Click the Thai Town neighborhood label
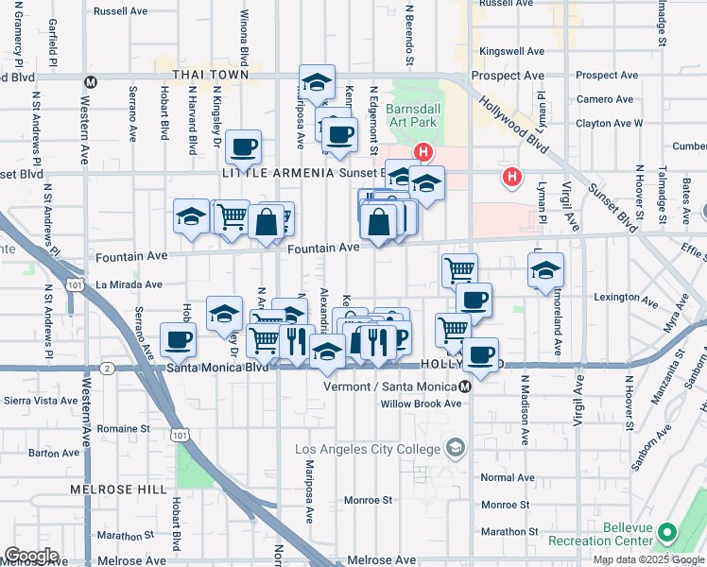[211, 75]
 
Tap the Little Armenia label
[278, 174]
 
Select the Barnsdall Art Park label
[417, 128]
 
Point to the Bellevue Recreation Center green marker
[668, 532]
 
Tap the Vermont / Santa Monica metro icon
[465, 387]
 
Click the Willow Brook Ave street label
[421, 404]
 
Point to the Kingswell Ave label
[512, 51]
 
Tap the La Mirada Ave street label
[129, 283]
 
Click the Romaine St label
[117, 429]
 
